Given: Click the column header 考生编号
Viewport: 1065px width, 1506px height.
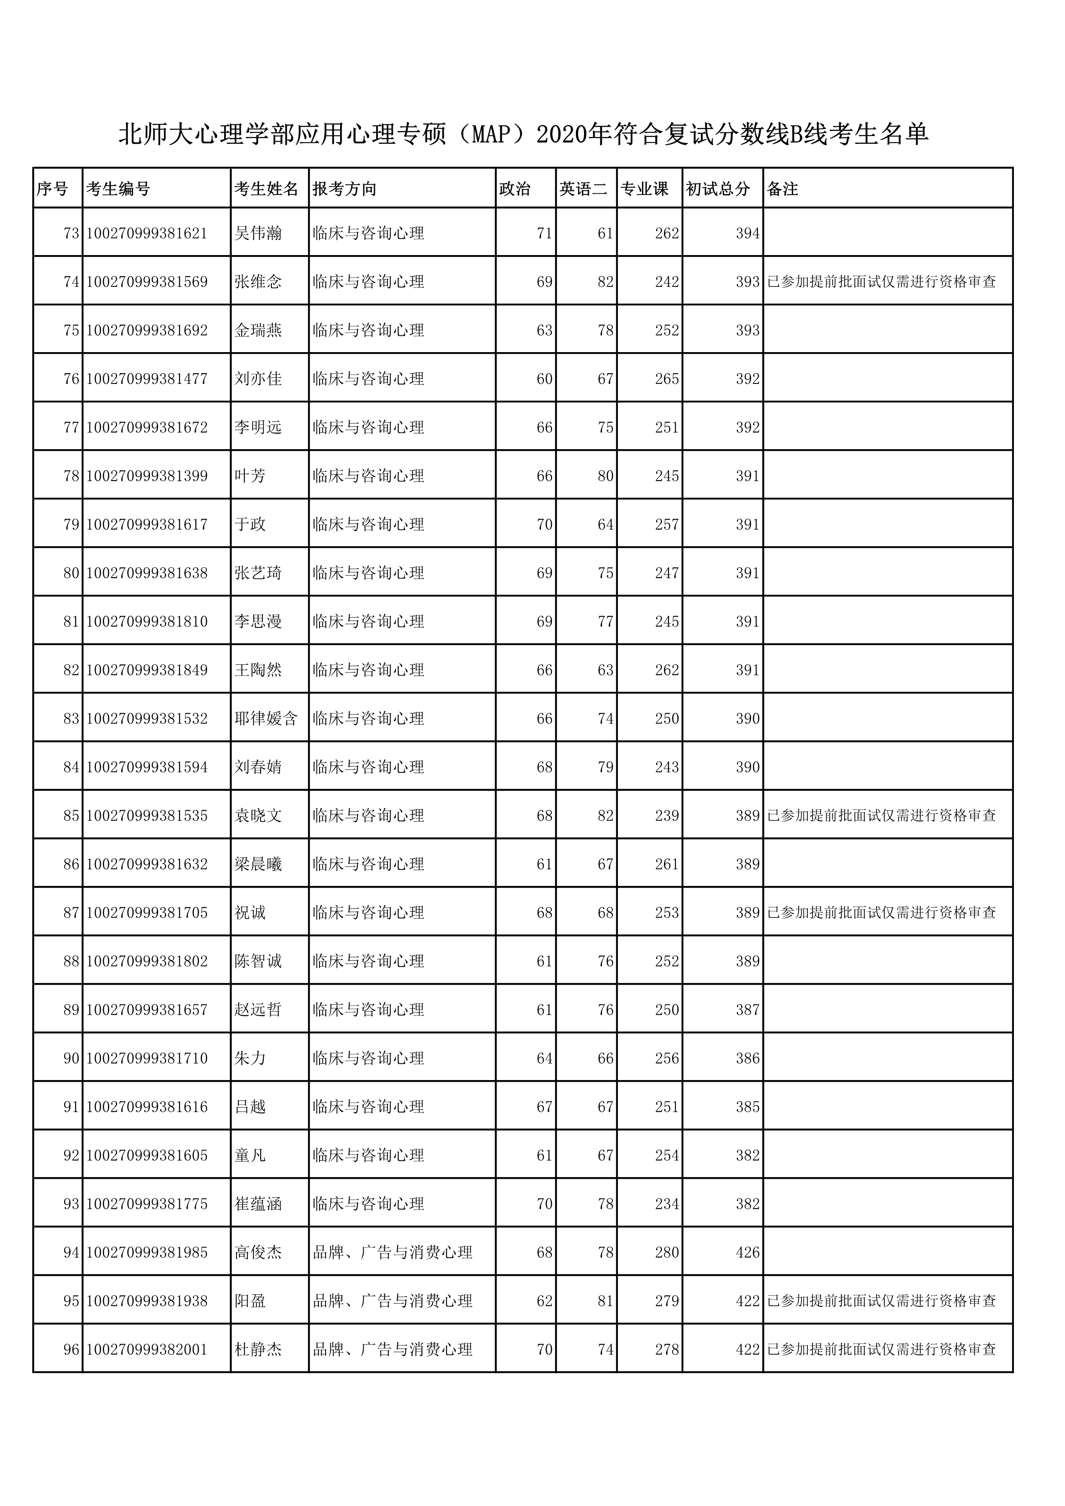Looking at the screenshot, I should point(118,189).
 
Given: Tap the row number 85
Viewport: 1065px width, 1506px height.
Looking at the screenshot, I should point(71,815).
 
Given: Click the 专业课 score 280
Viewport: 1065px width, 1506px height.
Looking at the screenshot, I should point(666,1252).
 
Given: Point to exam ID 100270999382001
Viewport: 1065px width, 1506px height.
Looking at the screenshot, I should point(147,1349).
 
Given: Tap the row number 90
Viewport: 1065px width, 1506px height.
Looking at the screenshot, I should point(71,1058).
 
